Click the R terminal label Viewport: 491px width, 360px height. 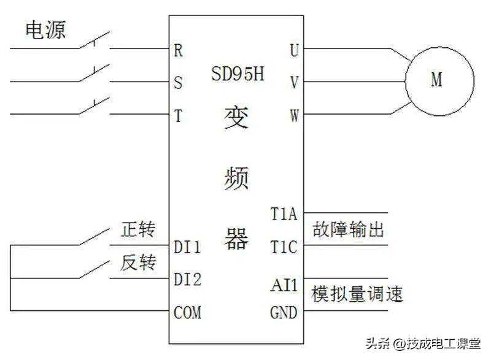coord(179,50)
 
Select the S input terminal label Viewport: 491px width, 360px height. coord(179,83)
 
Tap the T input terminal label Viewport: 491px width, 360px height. coord(179,116)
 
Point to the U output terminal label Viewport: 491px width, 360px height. coord(295,50)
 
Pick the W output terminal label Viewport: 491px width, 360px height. coord(295,116)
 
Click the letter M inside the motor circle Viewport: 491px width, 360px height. coord(436,80)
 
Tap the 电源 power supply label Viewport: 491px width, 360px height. coord(45,30)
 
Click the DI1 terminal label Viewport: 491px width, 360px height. coord(188,247)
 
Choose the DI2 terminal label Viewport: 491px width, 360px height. coord(188,280)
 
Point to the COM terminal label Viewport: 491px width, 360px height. coord(188,313)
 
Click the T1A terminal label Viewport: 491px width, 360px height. coord(284,215)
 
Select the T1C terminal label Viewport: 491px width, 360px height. coord(284,247)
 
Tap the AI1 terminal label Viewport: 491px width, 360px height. coord(284,285)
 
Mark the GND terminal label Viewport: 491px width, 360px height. coord(284,313)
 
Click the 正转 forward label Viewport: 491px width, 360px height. coord(139,231)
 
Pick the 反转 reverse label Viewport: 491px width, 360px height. coord(139,264)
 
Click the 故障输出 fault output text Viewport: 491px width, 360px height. coord(348,230)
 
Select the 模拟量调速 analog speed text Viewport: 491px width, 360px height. coord(357,294)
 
